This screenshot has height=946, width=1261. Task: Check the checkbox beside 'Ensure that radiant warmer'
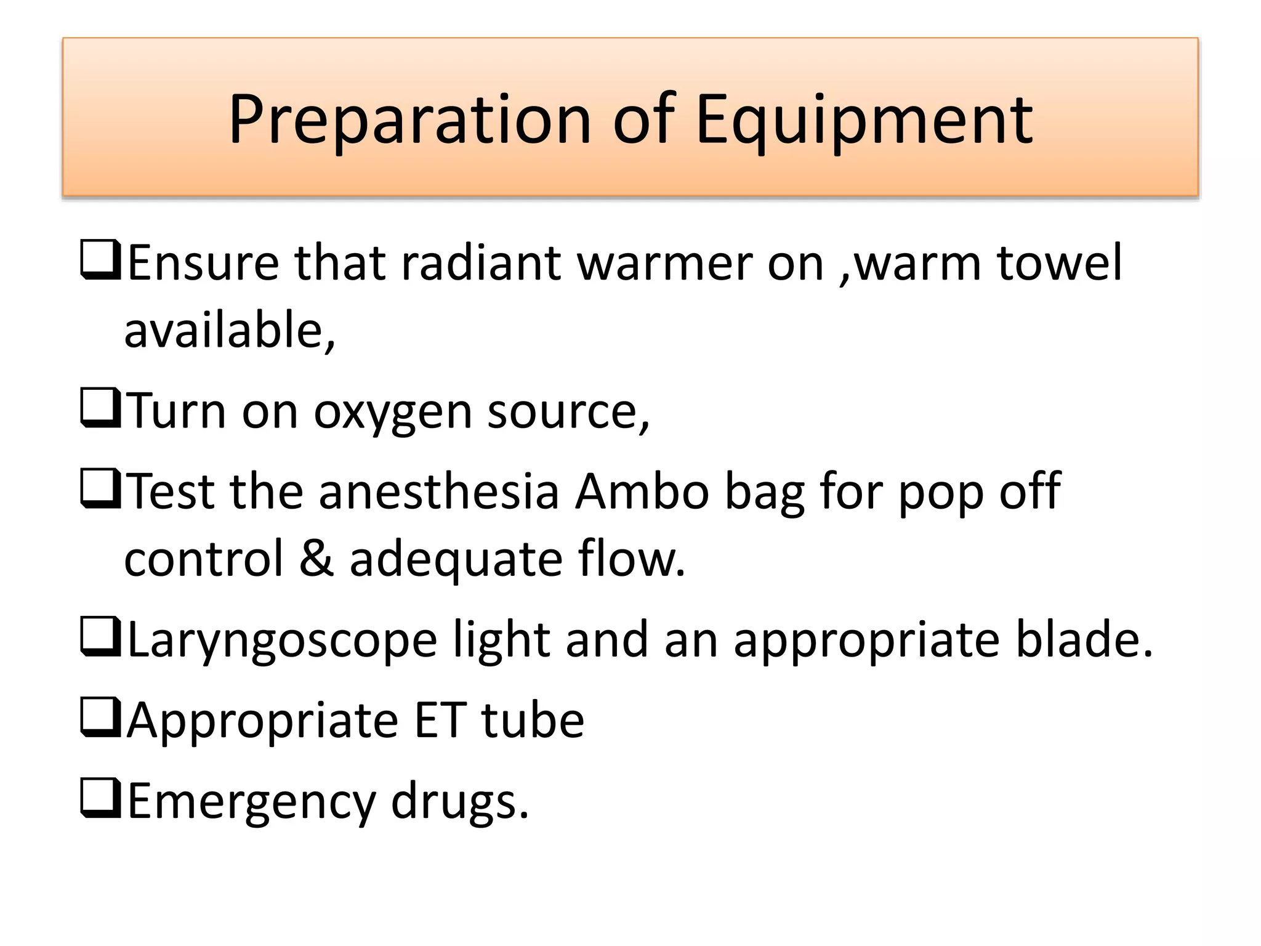[100, 262]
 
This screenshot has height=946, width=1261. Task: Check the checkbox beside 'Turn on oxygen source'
[100, 409]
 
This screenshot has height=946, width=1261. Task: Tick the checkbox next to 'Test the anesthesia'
[100, 490]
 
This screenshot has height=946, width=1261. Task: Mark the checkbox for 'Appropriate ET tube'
[100, 719]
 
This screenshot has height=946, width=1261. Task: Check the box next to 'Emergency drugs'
[100, 799]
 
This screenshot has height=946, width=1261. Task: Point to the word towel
[1060, 263]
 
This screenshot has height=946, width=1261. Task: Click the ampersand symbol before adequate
[316, 559]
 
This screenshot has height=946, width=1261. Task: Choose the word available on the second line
[229, 331]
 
